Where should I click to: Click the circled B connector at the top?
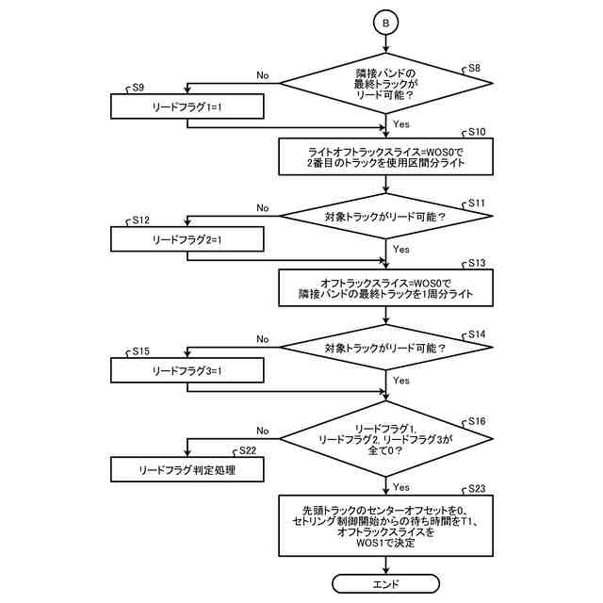[x=386, y=21]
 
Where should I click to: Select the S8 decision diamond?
[x=386, y=83]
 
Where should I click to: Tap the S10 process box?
[x=386, y=156]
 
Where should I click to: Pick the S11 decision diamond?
[x=386, y=217]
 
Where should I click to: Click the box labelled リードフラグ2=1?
[x=187, y=239]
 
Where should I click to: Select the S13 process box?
[x=386, y=288]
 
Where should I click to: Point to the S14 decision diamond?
[x=386, y=348]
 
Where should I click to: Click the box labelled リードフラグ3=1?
[x=187, y=370]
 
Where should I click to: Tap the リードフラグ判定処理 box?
[x=187, y=468]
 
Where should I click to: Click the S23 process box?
[x=386, y=525]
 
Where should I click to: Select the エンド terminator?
[x=386, y=584]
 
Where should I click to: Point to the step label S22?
[x=249, y=450]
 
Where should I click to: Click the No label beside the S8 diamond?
[x=262, y=75]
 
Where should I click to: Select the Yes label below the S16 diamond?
[x=400, y=487]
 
